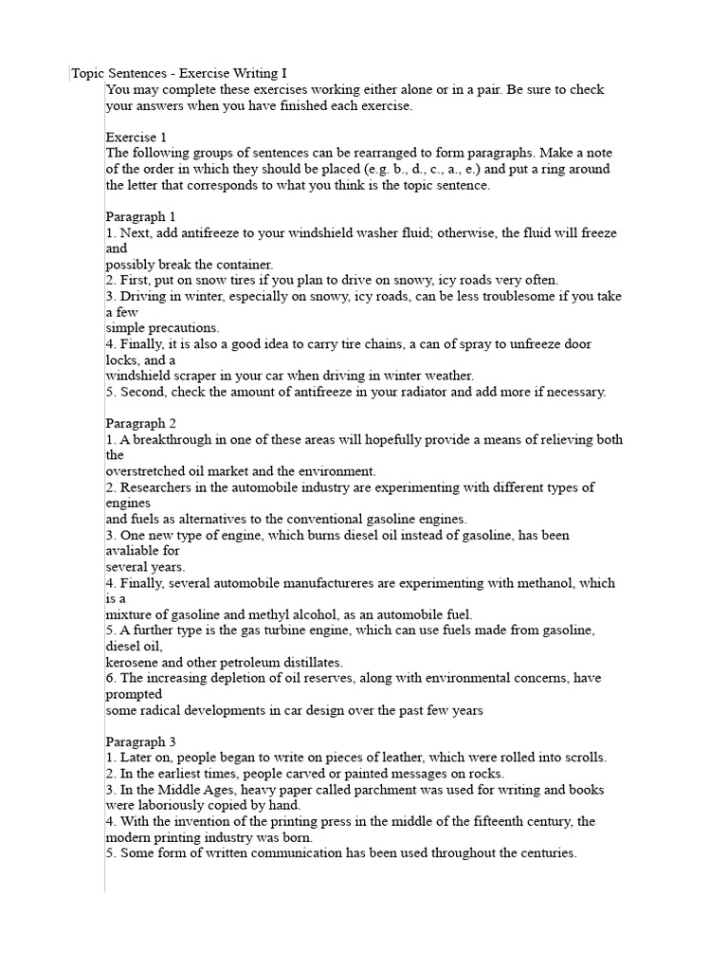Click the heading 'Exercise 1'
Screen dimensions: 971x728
136,137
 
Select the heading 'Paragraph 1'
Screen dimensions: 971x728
140,216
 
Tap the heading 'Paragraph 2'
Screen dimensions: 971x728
140,423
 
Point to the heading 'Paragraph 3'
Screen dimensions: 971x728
140,741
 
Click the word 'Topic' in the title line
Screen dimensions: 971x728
91,73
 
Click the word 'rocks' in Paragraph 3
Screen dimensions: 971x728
428,773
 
